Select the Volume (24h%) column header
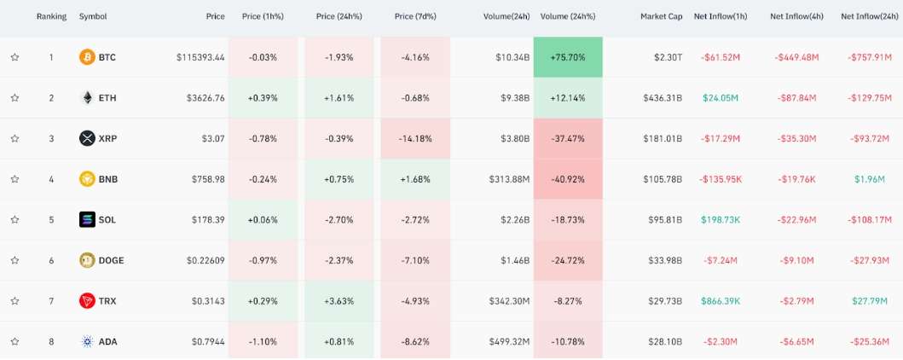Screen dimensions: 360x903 click(x=568, y=16)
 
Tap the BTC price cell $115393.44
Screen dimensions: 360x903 click(x=200, y=57)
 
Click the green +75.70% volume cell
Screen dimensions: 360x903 click(x=568, y=57)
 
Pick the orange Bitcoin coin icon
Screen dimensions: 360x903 click(x=86, y=57)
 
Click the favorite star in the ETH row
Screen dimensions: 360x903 click(x=14, y=98)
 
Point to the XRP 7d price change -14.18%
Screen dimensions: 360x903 click(x=415, y=138)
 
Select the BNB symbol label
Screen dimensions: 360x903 click(x=107, y=179)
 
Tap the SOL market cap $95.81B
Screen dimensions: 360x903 click(x=663, y=219)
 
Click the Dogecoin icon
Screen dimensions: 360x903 click(x=86, y=260)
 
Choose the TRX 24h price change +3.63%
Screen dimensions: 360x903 click(x=339, y=301)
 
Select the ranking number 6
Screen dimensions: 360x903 click(x=51, y=260)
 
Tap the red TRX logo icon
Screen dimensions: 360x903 click(x=86, y=301)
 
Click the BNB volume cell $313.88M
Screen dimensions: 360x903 click(x=509, y=179)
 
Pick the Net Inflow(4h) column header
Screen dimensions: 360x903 click(x=794, y=16)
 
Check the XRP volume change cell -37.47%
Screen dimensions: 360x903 click(x=568, y=138)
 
